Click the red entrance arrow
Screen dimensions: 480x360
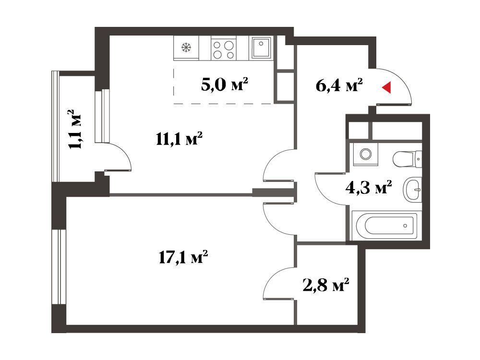tap(386, 87)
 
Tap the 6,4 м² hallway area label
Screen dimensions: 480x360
tap(339, 85)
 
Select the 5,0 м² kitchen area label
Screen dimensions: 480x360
tap(224, 84)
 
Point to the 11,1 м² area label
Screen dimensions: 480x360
tap(179, 138)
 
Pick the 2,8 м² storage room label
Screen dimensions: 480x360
tap(326, 285)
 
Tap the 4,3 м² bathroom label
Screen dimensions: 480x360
tap(369, 187)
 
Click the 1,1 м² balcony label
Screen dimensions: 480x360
tap(75, 129)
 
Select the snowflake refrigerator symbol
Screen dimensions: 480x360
tap(186, 48)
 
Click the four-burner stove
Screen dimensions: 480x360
tap(224, 49)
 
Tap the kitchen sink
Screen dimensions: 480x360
tap(261, 48)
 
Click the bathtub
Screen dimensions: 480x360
tap(385, 226)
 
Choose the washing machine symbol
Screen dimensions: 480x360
tap(365, 154)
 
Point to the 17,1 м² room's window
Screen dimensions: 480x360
tap(59, 266)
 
